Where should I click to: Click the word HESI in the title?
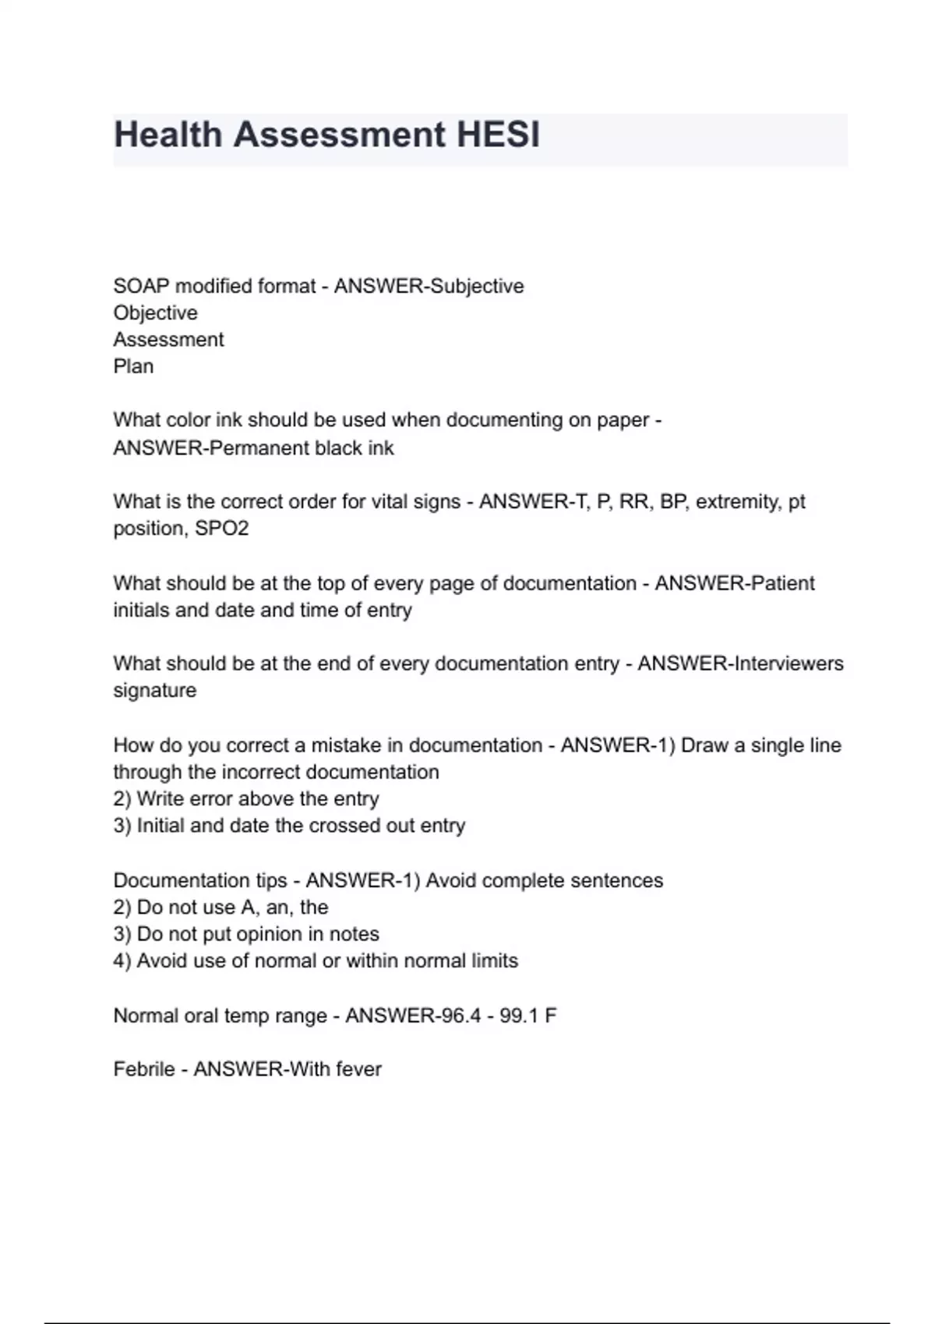498,135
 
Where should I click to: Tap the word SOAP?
141,287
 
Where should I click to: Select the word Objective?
155,313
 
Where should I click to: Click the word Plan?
133,366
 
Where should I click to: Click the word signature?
154,691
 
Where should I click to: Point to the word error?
212,799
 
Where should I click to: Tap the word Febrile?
144,1069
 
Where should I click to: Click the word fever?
358,1069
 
